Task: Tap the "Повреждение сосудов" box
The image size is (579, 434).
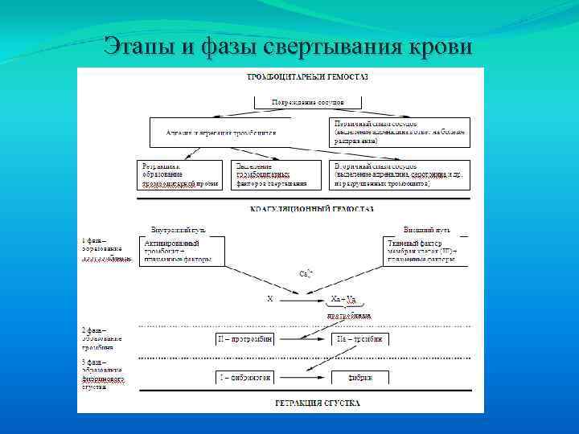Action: click(307, 103)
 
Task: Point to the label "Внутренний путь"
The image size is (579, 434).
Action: click(178, 230)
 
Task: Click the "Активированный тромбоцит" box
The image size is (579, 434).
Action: click(180, 251)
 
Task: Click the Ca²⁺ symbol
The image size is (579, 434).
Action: click(306, 274)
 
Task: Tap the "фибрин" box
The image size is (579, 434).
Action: click(360, 376)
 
